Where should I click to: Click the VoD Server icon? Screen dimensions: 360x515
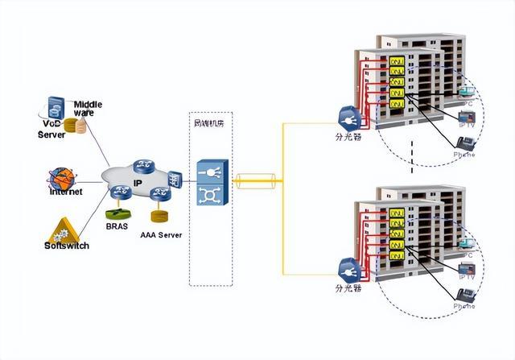55,107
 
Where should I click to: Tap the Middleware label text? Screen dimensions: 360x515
89,108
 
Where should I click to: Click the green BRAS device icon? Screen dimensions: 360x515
117,214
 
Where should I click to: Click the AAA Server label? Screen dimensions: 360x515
160,235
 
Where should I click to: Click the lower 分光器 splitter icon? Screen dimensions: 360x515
348,268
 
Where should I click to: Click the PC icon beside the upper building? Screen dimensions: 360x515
465,99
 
